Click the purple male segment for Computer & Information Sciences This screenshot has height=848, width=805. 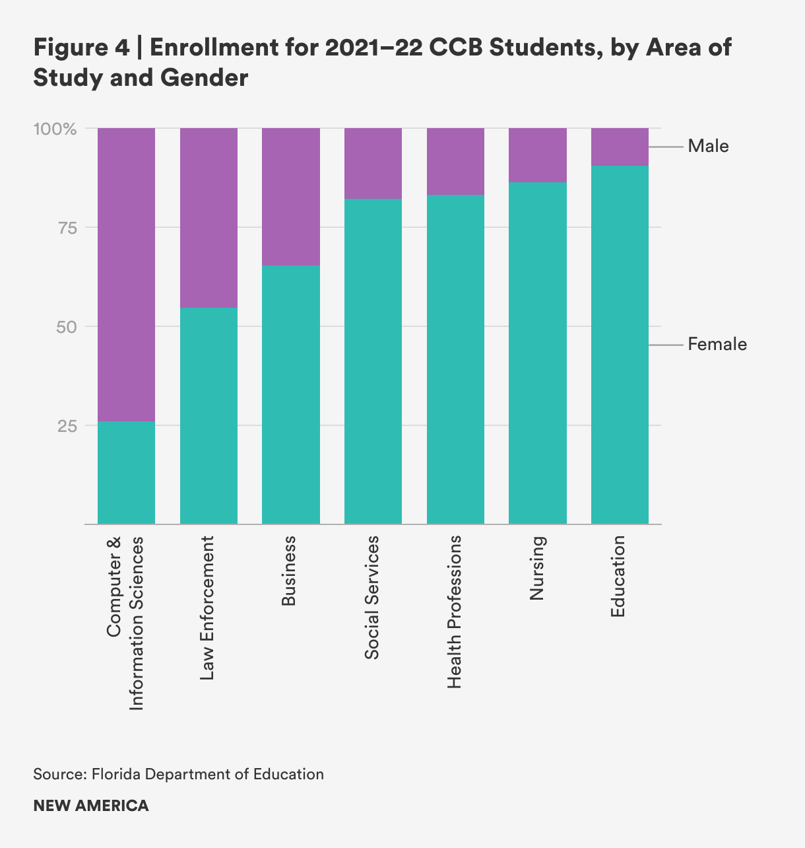click(126, 274)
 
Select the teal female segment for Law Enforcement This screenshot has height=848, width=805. click(209, 416)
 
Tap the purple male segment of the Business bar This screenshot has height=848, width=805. click(291, 197)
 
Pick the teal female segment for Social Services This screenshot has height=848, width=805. click(373, 361)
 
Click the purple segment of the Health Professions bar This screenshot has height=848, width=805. click(455, 161)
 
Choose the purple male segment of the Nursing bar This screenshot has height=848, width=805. click(538, 155)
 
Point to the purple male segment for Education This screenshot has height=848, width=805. click(620, 147)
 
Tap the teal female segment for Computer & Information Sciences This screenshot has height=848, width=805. click(126, 472)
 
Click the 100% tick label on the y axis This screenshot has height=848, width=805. click(55, 128)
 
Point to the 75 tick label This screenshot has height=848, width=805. click(67, 228)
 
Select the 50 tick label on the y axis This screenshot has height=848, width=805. click(67, 327)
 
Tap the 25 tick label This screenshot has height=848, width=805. click(67, 426)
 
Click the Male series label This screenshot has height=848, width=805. click(708, 146)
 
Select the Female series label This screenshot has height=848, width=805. click(717, 344)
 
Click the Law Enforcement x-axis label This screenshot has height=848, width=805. click(207, 608)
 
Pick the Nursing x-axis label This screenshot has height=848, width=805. click(537, 568)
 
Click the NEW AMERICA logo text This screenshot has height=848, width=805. click(91, 806)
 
